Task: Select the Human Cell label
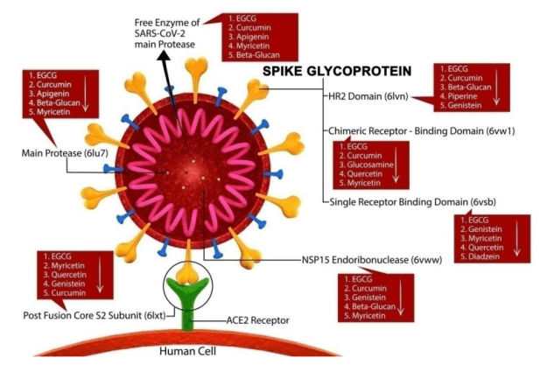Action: [x=186, y=351]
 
